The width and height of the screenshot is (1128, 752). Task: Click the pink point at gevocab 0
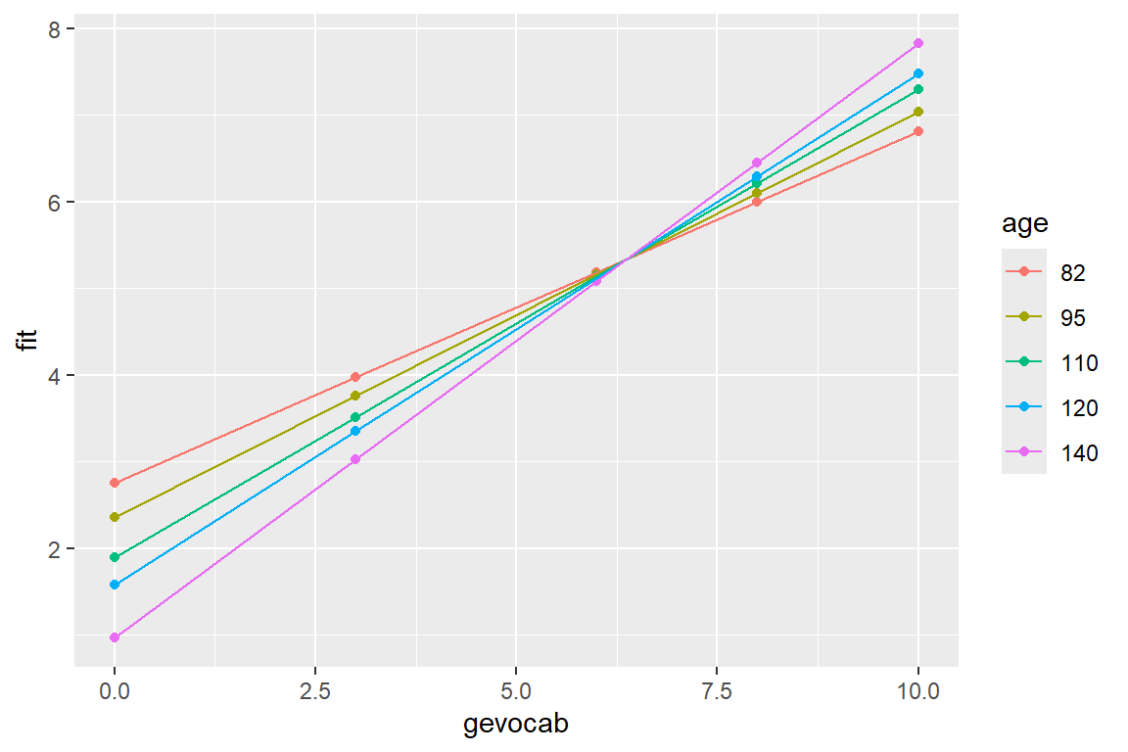pyautogui.click(x=115, y=637)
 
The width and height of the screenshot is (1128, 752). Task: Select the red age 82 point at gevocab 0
pyautogui.click(x=115, y=483)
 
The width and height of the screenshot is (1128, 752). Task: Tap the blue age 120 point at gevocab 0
pyautogui.click(x=115, y=585)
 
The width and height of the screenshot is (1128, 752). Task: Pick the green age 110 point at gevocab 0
pyautogui.click(x=115, y=557)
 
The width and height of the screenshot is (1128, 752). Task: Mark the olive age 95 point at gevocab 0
pyautogui.click(x=115, y=517)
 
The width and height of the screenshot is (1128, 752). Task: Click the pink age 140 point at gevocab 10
pyautogui.click(x=918, y=43)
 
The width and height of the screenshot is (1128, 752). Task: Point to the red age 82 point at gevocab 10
pyautogui.click(x=918, y=131)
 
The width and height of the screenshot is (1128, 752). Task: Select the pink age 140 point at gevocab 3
pyautogui.click(x=355, y=459)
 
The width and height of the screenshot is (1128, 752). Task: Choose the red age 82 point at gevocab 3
pyautogui.click(x=355, y=377)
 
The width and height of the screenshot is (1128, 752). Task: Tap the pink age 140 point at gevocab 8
pyautogui.click(x=757, y=163)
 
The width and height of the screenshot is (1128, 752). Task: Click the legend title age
pyautogui.click(x=1024, y=224)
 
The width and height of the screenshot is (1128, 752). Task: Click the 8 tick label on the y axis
pyautogui.click(x=56, y=29)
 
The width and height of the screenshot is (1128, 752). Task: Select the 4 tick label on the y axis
pyautogui.click(x=56, y=376)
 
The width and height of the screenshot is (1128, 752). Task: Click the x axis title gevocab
pyautogui.click(x=516, y=726)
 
